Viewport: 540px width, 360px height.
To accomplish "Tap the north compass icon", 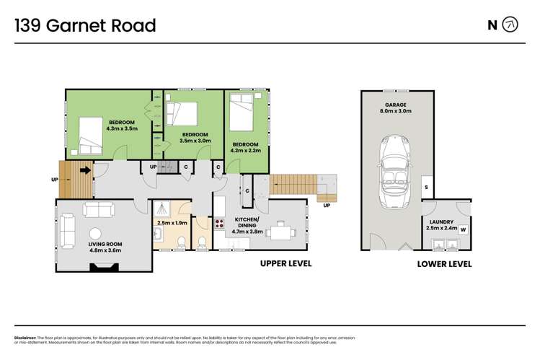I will click(x=510, y=25).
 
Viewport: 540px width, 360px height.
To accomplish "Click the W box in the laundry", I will click(x=463, y=230).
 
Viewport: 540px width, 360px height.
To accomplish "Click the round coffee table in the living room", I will click(x=94, y=233).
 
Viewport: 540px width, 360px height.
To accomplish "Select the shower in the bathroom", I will click(x=164, y=208).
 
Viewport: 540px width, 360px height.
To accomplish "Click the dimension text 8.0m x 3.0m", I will click(x=397, y=111).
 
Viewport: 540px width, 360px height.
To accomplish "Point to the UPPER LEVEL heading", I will click(x=286, y=264).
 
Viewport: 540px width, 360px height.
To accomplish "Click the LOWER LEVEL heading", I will click(x=444, y=264).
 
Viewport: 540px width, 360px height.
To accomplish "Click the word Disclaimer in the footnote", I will click(x=27, y=338).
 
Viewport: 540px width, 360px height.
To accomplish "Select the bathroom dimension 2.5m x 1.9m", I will click(x=172, y=223).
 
